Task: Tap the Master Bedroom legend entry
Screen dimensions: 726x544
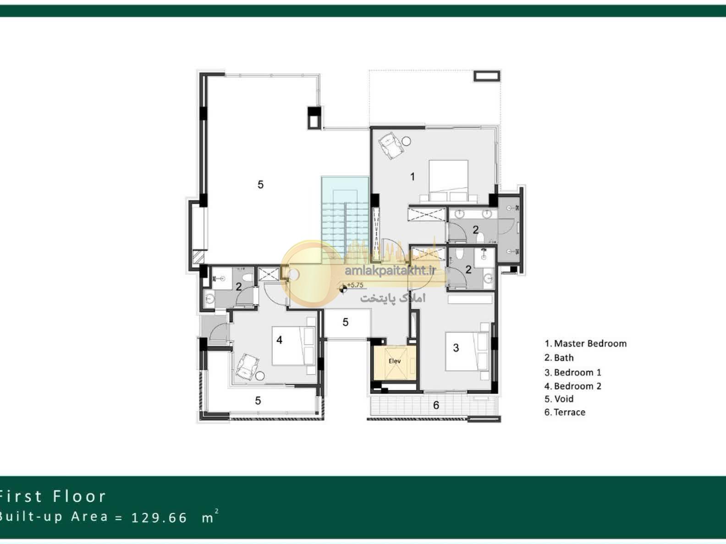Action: pyautogui.click(x=585, y=343)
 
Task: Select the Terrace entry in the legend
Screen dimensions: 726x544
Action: pyautogui.click(x=565, y=412)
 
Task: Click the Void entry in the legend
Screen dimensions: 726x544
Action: pyautogui.click(x=559, y=399)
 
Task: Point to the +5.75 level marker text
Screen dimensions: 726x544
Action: pyautogui.click(x=355, y=285)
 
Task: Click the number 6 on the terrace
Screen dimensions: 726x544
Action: pyautogui.click(x=436, y=405)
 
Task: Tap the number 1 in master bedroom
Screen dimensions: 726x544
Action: pyautogui.click(x=412, y=177)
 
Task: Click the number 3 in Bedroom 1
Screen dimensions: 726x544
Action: pyautogui.click(x=456, y=348)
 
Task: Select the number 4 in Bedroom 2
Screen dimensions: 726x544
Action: pyautogui.click(x=280, y=340)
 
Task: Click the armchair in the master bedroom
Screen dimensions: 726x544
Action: pyautogui.click(x=391, y=146)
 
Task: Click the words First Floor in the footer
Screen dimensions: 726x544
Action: pyautogui.click(x=52, y=496)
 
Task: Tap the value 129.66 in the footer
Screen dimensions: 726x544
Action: pyautogui.click(x=159, y=517)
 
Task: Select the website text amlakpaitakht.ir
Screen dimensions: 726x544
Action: pyautogui.click(x=390, y=271)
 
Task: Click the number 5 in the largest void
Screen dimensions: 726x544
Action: pyautogui.click(x=261, y=185)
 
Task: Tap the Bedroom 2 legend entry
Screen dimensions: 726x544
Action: pyautogui.click(x=573, y=386)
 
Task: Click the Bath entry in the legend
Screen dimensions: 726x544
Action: pyautogui.click(x=559, y=358)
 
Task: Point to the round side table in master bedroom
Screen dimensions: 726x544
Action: pyautogui.click(x=407, y=141)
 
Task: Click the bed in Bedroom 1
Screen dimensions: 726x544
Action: pyautogui.click(x=467, y=351)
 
